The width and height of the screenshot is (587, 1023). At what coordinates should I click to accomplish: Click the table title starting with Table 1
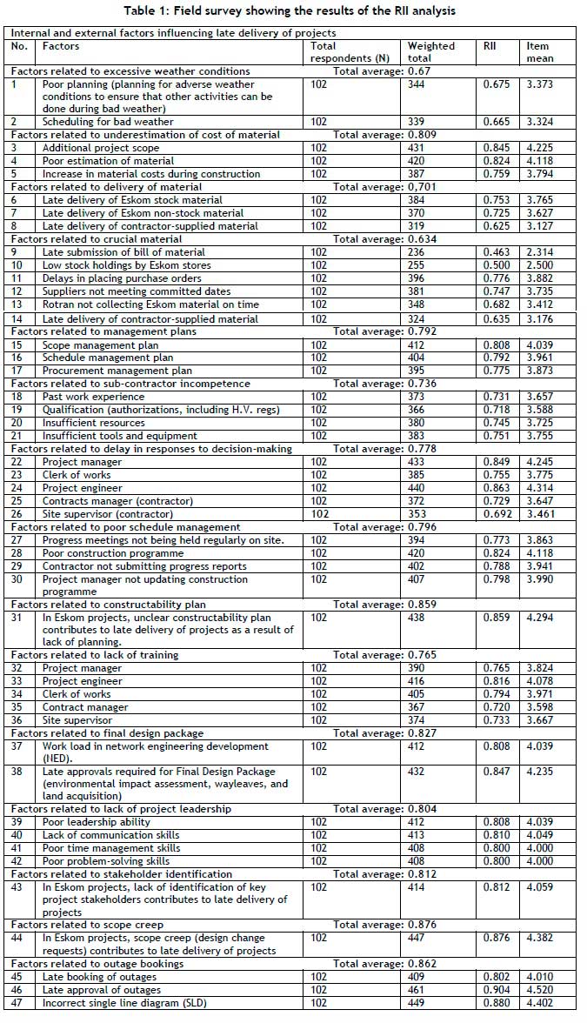click(x=293, y=10)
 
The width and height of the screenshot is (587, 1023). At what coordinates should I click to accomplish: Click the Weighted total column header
click(x=431, y=52)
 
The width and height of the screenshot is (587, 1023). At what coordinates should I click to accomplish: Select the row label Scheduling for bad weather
click(x=108, y=122)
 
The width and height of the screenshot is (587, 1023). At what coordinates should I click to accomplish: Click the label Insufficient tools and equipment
click(x=120, y=436)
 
